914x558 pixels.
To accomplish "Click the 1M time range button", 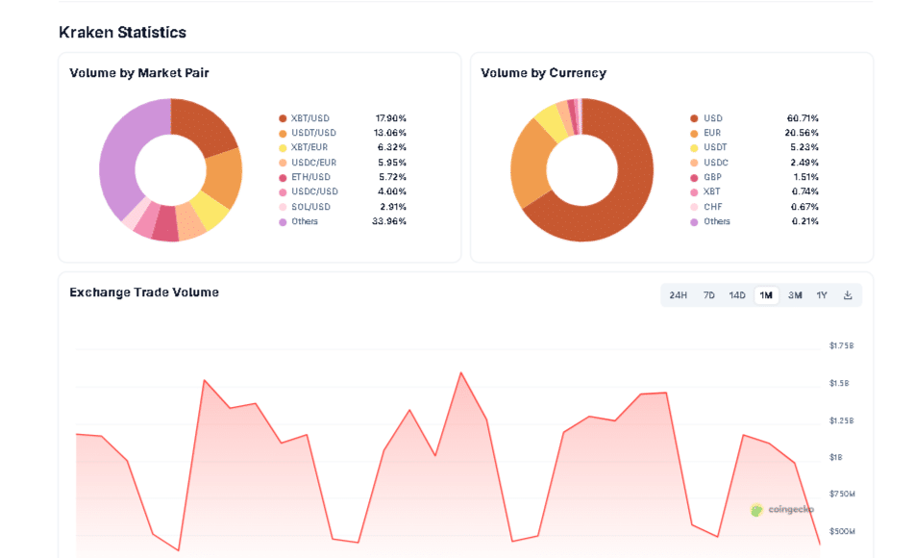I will (x=766, y=295).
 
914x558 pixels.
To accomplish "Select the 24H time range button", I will (x=679, y=295).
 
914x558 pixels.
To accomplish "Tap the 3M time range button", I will (x=795, y=295).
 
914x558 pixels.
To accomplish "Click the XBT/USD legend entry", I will (x=309, y=118).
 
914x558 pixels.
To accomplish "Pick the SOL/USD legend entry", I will (x=309, y=207).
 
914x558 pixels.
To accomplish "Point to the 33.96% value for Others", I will (x=390, y=221).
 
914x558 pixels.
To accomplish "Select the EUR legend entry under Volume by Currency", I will (x=711, y=133).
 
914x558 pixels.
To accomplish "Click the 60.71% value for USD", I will (x=803, y=118).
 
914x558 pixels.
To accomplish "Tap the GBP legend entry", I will (x=711, y=177).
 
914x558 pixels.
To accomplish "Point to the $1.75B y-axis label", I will (x=841, y=346).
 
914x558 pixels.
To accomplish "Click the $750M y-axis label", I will (x=841, y=495).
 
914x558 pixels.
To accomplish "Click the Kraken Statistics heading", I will (x=122, y=33).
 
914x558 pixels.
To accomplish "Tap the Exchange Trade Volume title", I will (x=144, y=292).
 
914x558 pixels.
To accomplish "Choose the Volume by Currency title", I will (x=543, y=73).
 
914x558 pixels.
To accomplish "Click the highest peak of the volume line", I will (x=461, y=372).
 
